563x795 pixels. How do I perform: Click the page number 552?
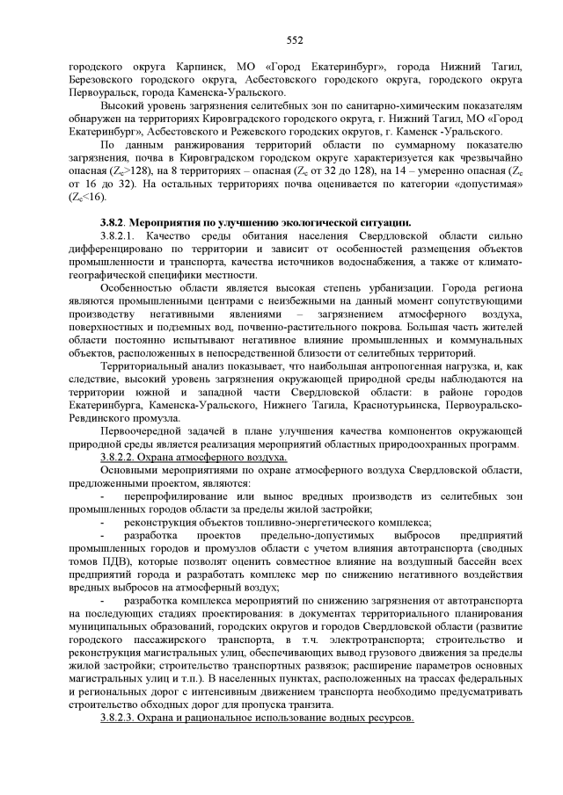294,40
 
